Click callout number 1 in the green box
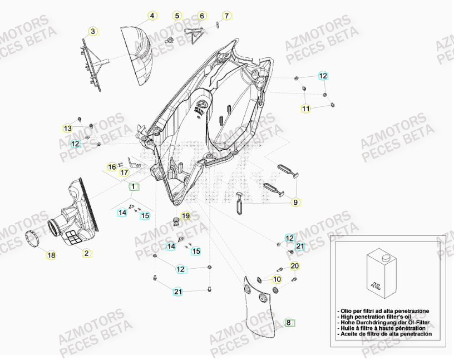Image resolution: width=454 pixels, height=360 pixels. click(132, 187)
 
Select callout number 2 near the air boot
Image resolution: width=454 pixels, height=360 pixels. click(86, 254)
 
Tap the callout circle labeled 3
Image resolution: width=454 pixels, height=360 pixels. click(93, 31)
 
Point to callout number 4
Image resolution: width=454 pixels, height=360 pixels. click(152, 16)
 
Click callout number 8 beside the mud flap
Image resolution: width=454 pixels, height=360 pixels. click(288, 322)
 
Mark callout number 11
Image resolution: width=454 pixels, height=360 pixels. click(306, 109)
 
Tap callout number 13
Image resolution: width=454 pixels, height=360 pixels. click(67, 129)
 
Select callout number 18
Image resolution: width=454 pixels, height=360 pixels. click(51, 255)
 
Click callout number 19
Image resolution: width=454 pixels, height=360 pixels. click(186, 215)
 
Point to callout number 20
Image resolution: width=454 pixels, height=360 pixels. click(295, 266)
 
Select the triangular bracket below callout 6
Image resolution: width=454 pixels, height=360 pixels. click(194, 36)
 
